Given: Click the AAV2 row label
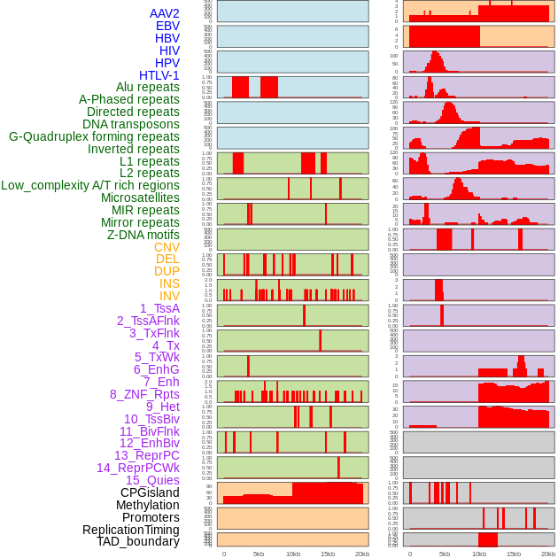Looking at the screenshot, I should tap(164, 13).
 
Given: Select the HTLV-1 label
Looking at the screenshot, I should tap(159, 75).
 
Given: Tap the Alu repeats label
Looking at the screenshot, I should tap(147, 87).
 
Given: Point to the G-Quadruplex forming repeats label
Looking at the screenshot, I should tap(94, 136).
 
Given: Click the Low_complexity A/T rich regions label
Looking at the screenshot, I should tap(89, 185).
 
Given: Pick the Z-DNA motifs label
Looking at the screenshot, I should tap(143, 235).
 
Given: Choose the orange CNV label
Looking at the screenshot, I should tap(167, 247).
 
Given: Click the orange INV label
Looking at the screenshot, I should tap(168, 296).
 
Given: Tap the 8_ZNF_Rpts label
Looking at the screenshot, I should tap(144, 394).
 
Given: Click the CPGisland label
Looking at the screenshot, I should tap(150, 492).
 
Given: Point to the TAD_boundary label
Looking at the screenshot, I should tap(137, 541).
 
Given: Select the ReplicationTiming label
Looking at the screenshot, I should tap(130, 530).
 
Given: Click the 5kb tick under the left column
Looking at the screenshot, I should tap(259, 554).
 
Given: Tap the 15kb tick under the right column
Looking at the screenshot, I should tap(513, 554).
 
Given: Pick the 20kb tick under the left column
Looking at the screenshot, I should tap(361, 554).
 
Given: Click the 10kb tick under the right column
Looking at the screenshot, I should tap(479, 554).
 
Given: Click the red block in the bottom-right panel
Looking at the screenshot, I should tap(487, 539).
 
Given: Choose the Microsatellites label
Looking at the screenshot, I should tap(140, 198).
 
